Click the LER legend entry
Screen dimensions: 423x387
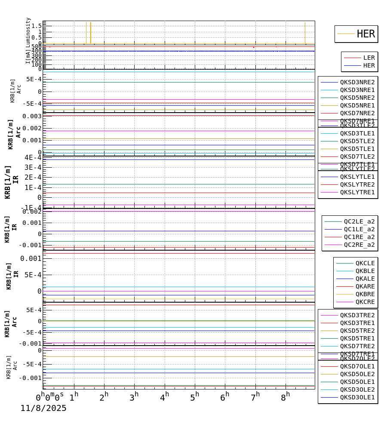tap(369, 58)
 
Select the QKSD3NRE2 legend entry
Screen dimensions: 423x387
tap(357, 82)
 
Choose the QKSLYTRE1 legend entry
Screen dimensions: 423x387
tap(357, 192)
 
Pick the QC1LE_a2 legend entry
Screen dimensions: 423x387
tap(359, 229)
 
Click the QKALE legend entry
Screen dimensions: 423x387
tap(365, 279)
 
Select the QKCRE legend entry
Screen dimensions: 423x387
tap(365, 302)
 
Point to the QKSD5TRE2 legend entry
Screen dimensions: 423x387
tap(357, 331)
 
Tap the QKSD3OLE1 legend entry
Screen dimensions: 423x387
tap(357, 397)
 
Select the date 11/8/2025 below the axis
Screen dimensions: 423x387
tap(43, 408)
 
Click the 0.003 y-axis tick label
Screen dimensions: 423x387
tap(33, 116)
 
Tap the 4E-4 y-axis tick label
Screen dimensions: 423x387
tap(33, 157)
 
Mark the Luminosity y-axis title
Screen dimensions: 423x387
tap(28, 30)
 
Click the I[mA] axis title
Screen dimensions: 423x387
tap(28, 56)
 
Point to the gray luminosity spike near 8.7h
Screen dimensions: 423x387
tap(305, 32)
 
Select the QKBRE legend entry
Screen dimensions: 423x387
tap(365, 294)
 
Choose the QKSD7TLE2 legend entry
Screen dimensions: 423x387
tap(357, 156)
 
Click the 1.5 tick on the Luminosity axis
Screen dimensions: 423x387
tap(37, 26)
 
